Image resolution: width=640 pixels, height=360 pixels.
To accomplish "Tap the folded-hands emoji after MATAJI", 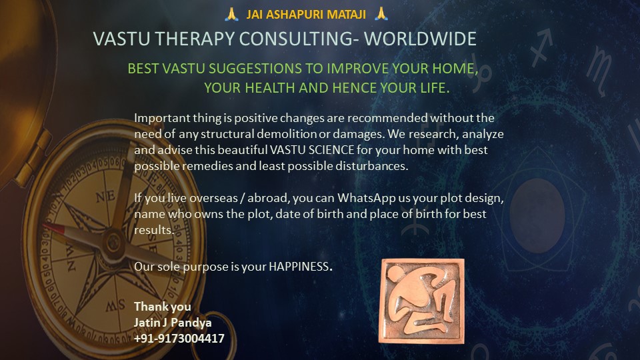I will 381,13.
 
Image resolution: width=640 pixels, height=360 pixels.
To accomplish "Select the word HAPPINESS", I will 299,266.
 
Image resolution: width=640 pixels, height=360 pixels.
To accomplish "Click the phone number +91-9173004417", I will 179,339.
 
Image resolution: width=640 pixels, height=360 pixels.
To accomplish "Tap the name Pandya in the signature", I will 191,323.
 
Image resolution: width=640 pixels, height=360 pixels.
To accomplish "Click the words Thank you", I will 163,307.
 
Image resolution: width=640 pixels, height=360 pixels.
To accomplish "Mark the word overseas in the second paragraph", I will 185,199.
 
